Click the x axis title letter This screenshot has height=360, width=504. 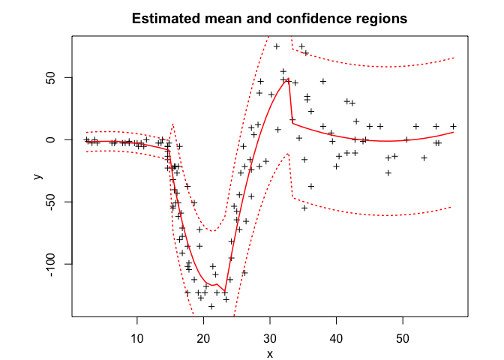tap(269, 353)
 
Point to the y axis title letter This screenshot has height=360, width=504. tap(37, 177)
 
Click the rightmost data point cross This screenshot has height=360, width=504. tap(453, 126)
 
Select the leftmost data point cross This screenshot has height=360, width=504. tap(87, 139)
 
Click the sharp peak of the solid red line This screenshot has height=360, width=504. tap(289, 79)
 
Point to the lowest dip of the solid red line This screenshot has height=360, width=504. tap(225, 291)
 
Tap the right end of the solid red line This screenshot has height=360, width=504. tap(454, 132)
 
